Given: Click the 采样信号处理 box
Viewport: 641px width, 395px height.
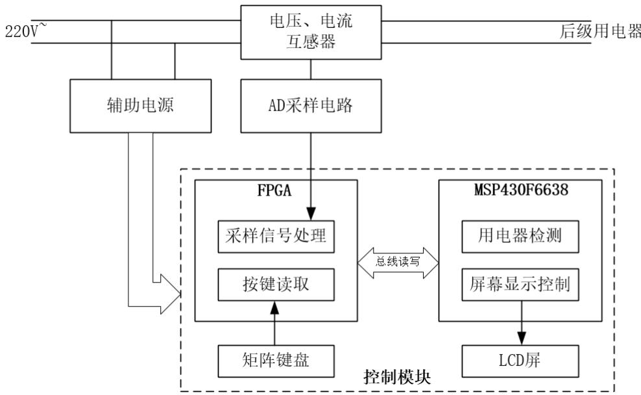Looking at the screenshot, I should (278, 238).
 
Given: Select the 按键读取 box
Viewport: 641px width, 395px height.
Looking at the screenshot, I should (278, 284).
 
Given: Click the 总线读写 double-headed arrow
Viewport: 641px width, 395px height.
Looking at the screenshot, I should (398, 262).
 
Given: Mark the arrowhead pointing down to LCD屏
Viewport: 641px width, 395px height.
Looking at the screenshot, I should (520, 338).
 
